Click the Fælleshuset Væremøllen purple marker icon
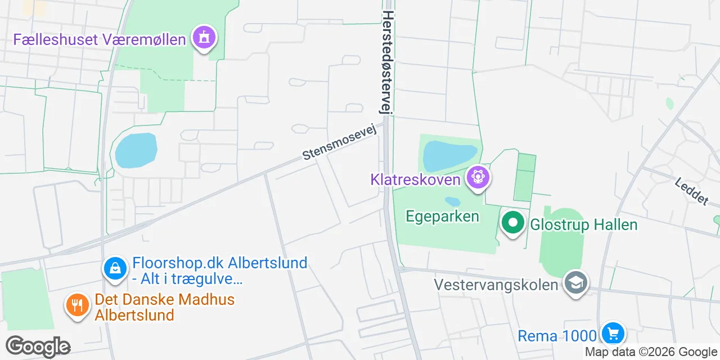click(204, 38)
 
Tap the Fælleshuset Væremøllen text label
click(100, 39)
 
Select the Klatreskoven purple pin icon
click(478, 177)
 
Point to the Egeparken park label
click(443, 216)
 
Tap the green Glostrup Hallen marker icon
click(512, 223)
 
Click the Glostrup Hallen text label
click(584, 225)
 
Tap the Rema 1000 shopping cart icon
click(613, 334)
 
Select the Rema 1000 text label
click(556, 336)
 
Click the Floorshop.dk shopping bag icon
click(115, 268)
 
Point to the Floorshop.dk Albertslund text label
click(219, 271)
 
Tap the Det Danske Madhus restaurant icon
click(78, 305)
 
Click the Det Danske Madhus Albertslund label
click(164, 307)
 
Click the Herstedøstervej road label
click(388, 63)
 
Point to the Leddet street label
click(691, 191)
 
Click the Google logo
click(38, 346)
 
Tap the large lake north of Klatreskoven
click(449, 155)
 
